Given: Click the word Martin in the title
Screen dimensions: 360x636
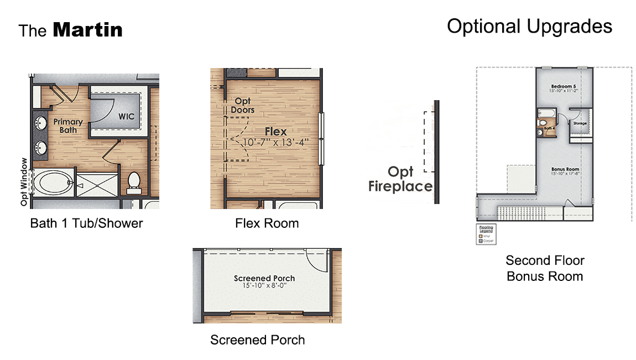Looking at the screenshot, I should [87, 30].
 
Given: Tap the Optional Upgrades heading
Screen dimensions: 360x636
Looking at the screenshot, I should [529, 26].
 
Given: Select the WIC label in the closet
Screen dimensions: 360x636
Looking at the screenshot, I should [127, 117].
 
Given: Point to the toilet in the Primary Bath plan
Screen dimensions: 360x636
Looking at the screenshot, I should [134, 183].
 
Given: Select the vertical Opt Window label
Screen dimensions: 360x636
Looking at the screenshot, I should [24, 182].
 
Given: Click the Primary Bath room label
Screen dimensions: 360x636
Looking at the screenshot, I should [68, 126].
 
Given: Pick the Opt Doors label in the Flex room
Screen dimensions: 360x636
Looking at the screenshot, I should [243, 105].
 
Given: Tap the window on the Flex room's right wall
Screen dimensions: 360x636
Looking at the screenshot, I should [322, 138].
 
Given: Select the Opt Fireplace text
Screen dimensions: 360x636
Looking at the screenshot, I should [400, 179].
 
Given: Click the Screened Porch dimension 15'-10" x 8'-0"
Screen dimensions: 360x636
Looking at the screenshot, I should [264, 286].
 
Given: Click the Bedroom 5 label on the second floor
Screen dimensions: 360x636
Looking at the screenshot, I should [564, 87].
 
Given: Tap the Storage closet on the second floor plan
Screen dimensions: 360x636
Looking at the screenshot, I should [580, 123].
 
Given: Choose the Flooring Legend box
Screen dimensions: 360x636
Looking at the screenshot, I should [487, 234].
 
